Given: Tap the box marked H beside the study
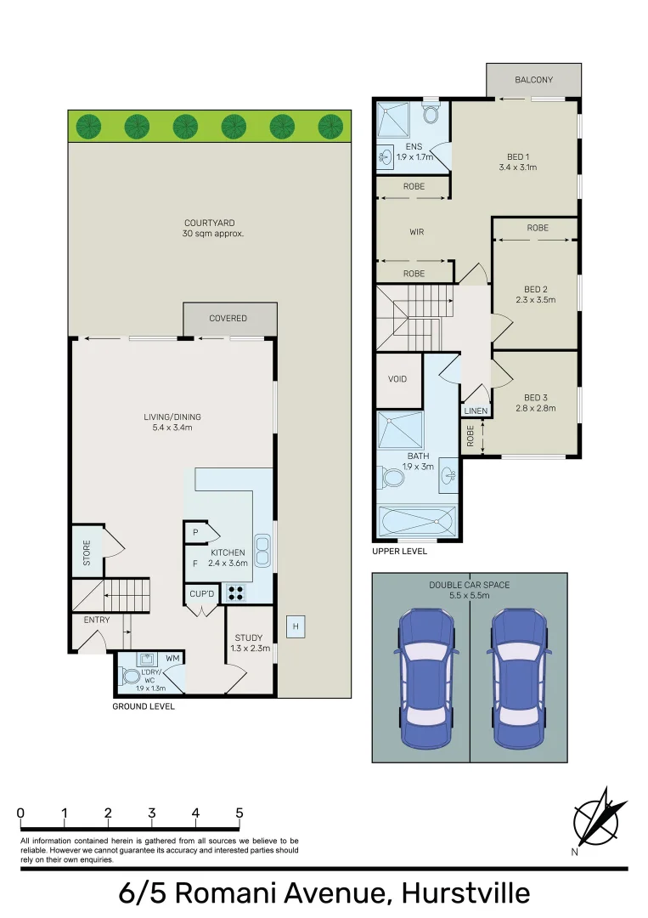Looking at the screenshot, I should [x=296, y=627].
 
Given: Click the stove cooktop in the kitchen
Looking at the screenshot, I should [x=235, y=593].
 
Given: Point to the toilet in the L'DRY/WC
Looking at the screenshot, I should [x=131, y=676].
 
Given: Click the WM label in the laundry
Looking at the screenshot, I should [x=172, y=658].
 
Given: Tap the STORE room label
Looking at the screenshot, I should [x=87, y=553].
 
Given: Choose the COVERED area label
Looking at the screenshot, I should [x=228, y=319].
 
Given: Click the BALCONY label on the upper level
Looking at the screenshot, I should [x=534, y=80].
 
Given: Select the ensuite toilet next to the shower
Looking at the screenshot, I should [x=431, y=113].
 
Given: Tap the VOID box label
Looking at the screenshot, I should [x=398, y=380].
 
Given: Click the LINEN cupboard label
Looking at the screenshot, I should [x=476, y=411].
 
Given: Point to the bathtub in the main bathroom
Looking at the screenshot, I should [x=416, y=520].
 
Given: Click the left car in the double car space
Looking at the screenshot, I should [x=421, y=677].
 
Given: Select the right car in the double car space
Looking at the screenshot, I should [x=518, y=677].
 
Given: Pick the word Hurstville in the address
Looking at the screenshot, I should [x=465, y=893].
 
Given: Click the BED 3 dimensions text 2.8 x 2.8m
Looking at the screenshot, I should [x=534, y=409].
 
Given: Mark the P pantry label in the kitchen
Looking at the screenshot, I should [x=194, y=533].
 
